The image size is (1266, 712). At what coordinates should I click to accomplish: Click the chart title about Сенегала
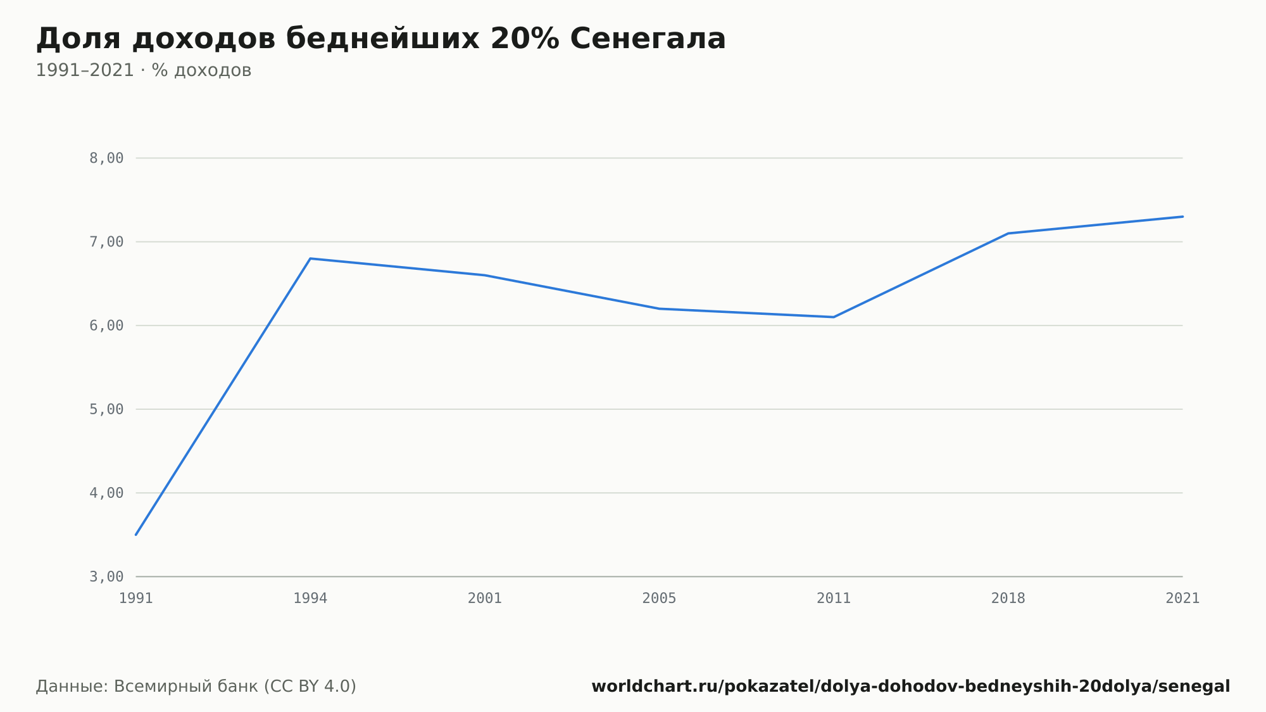tap(380, 39)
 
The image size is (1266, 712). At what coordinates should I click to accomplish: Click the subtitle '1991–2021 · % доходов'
tap(144, 70)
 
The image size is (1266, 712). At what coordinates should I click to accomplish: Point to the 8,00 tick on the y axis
tap(106, 158)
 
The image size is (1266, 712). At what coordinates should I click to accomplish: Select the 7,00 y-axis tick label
tap(106, 242)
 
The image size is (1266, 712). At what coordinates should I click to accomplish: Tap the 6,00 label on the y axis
tap(106, 326)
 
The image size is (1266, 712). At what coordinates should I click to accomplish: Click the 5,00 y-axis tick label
tap(106, 409)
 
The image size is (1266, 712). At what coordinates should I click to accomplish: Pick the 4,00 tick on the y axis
tap(106, 493)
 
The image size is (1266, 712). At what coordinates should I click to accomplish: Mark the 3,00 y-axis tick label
tap(106, 576)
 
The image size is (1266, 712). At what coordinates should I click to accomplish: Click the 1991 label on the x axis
tap(136, 599)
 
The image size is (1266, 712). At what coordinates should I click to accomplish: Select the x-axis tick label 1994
tap(310, 599)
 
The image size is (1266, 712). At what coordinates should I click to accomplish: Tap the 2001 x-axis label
tap(485, 599)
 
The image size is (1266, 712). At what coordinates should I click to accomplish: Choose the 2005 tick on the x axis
tap(660, 599)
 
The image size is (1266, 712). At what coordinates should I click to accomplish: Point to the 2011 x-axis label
tap(834, 599)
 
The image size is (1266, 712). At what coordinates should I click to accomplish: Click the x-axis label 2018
tap(1008, 599)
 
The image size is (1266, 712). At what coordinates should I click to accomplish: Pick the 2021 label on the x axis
tap(1182, 599)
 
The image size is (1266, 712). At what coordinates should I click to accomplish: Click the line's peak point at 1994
tap(310, 258)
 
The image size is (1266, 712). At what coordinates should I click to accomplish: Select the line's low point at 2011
tap(834, 317)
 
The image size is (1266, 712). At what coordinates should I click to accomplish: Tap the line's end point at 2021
tap(1182, 217)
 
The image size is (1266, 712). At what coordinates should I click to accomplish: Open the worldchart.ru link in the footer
tap(911, 687)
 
